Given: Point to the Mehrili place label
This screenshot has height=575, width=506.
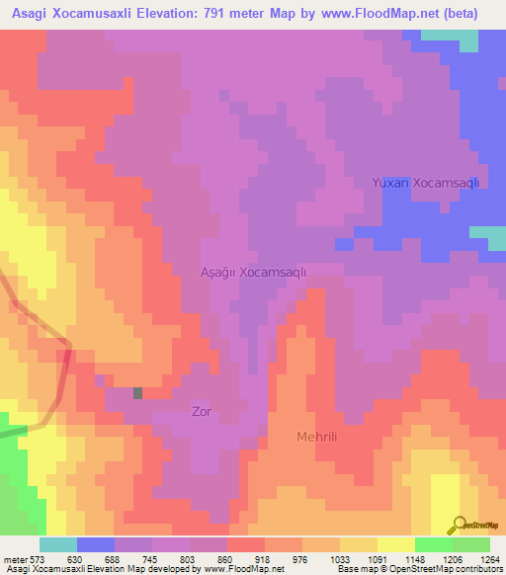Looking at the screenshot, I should pos(324,436).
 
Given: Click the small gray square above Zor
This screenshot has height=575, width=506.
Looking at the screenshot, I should pos(137,392).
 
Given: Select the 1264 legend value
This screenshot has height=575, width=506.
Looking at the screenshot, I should pos(488,558).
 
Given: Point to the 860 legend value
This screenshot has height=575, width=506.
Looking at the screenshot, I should pos(226,558).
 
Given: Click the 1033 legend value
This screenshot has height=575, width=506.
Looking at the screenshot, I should pos(339,558).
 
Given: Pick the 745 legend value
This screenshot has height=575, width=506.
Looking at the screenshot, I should pos(151,558).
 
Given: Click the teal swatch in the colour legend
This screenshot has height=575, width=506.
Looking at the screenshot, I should pos(58,544).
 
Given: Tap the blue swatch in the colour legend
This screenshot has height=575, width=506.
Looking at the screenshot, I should pos(96,544).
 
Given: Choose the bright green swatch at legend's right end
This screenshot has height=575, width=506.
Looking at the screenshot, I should pos(471,544).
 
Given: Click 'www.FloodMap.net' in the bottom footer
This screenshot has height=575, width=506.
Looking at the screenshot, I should pos(232,569).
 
